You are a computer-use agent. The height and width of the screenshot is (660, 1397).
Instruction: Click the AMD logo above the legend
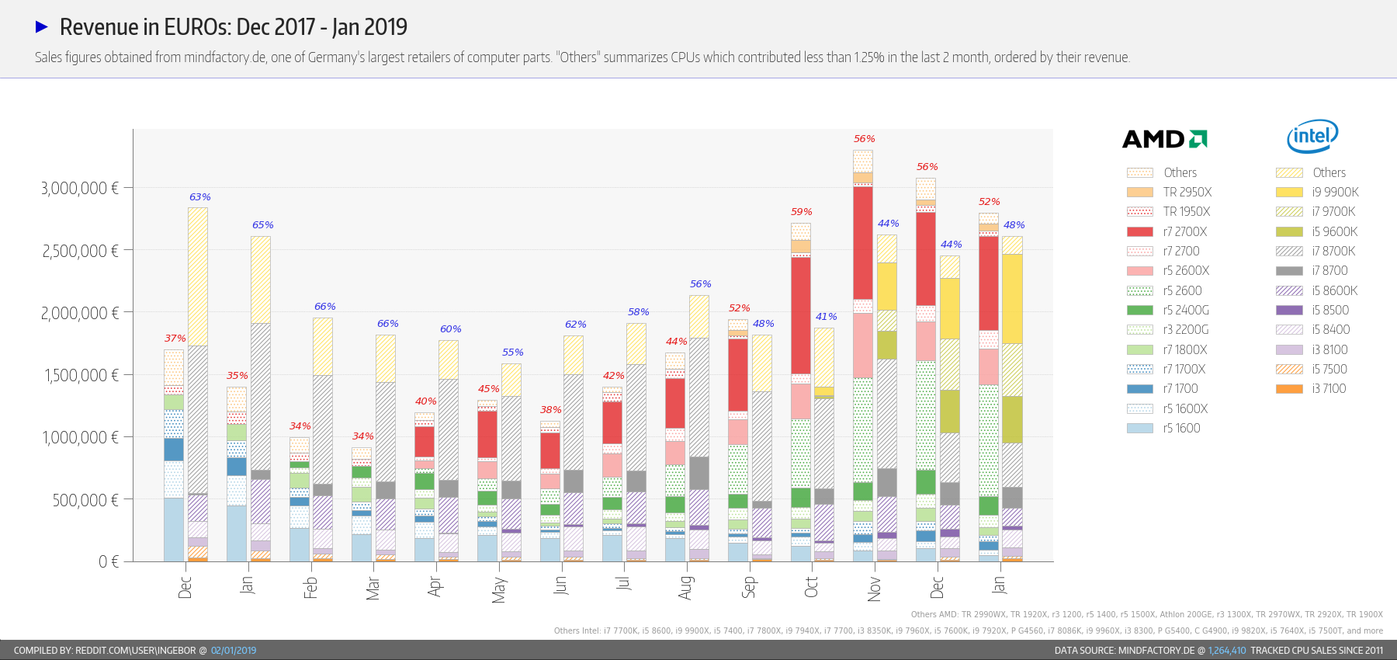(1164, 139)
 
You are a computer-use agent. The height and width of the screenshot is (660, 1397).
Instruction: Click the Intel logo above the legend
(1312, 137)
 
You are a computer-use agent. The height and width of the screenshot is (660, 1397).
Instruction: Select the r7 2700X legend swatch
(1139, 231)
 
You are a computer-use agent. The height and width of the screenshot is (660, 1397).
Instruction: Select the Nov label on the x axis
(875, 589)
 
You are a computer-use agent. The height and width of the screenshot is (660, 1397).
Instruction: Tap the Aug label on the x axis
(685, 587)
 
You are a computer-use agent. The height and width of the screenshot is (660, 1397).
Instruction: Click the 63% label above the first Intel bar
(200, 197)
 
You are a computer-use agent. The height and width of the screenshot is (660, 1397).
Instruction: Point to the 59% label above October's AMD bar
(802, 212)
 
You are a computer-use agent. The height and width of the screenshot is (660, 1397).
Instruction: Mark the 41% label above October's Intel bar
(826, 317)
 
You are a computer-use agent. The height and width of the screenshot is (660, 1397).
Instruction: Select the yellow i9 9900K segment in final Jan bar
(1012, 298)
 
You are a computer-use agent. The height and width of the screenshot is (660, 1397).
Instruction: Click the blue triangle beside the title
(42, 27)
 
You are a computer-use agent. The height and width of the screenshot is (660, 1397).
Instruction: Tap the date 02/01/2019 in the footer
(234, 651)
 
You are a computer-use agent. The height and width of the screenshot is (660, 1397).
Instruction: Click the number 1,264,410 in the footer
(1226, 651)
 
